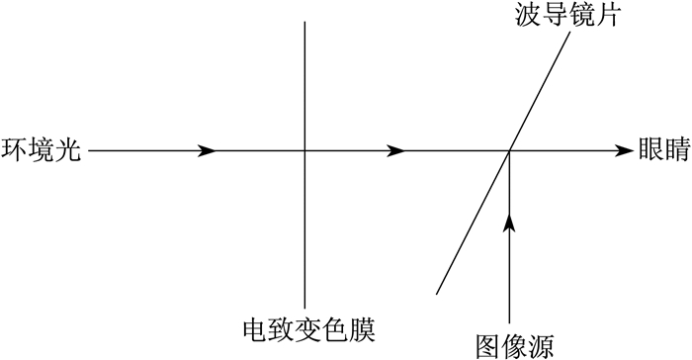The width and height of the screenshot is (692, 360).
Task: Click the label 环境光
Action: click(42, 150)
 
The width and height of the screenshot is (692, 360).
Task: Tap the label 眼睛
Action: click(664, 149)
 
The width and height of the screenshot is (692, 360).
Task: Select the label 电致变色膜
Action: click(308, 330)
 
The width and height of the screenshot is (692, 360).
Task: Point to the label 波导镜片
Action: click(567, 15)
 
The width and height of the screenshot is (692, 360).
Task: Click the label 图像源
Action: click(515, 346)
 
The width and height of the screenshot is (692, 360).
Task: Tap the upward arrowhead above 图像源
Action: click(510, 223)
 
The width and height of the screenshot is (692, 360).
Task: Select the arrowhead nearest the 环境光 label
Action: click(207, 150)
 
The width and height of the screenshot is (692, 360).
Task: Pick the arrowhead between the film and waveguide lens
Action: click(395, 150)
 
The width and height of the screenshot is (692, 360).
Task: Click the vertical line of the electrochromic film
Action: click(304, 164)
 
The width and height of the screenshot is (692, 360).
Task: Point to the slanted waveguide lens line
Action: click(503, 163)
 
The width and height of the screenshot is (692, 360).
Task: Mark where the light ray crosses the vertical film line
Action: click(304, 150)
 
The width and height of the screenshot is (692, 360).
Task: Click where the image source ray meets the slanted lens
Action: click(510, 150)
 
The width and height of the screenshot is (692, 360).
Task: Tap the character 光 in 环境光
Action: click(68, 150)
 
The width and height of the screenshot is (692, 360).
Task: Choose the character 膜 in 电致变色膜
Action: click(363, 330)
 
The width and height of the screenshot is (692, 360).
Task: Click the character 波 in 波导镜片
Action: click(527, 15)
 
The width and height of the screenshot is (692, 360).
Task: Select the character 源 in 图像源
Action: click(542, 346)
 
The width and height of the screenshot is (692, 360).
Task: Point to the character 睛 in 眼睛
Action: click(678, 149)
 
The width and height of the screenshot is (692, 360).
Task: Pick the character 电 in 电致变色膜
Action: click(256, 330)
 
